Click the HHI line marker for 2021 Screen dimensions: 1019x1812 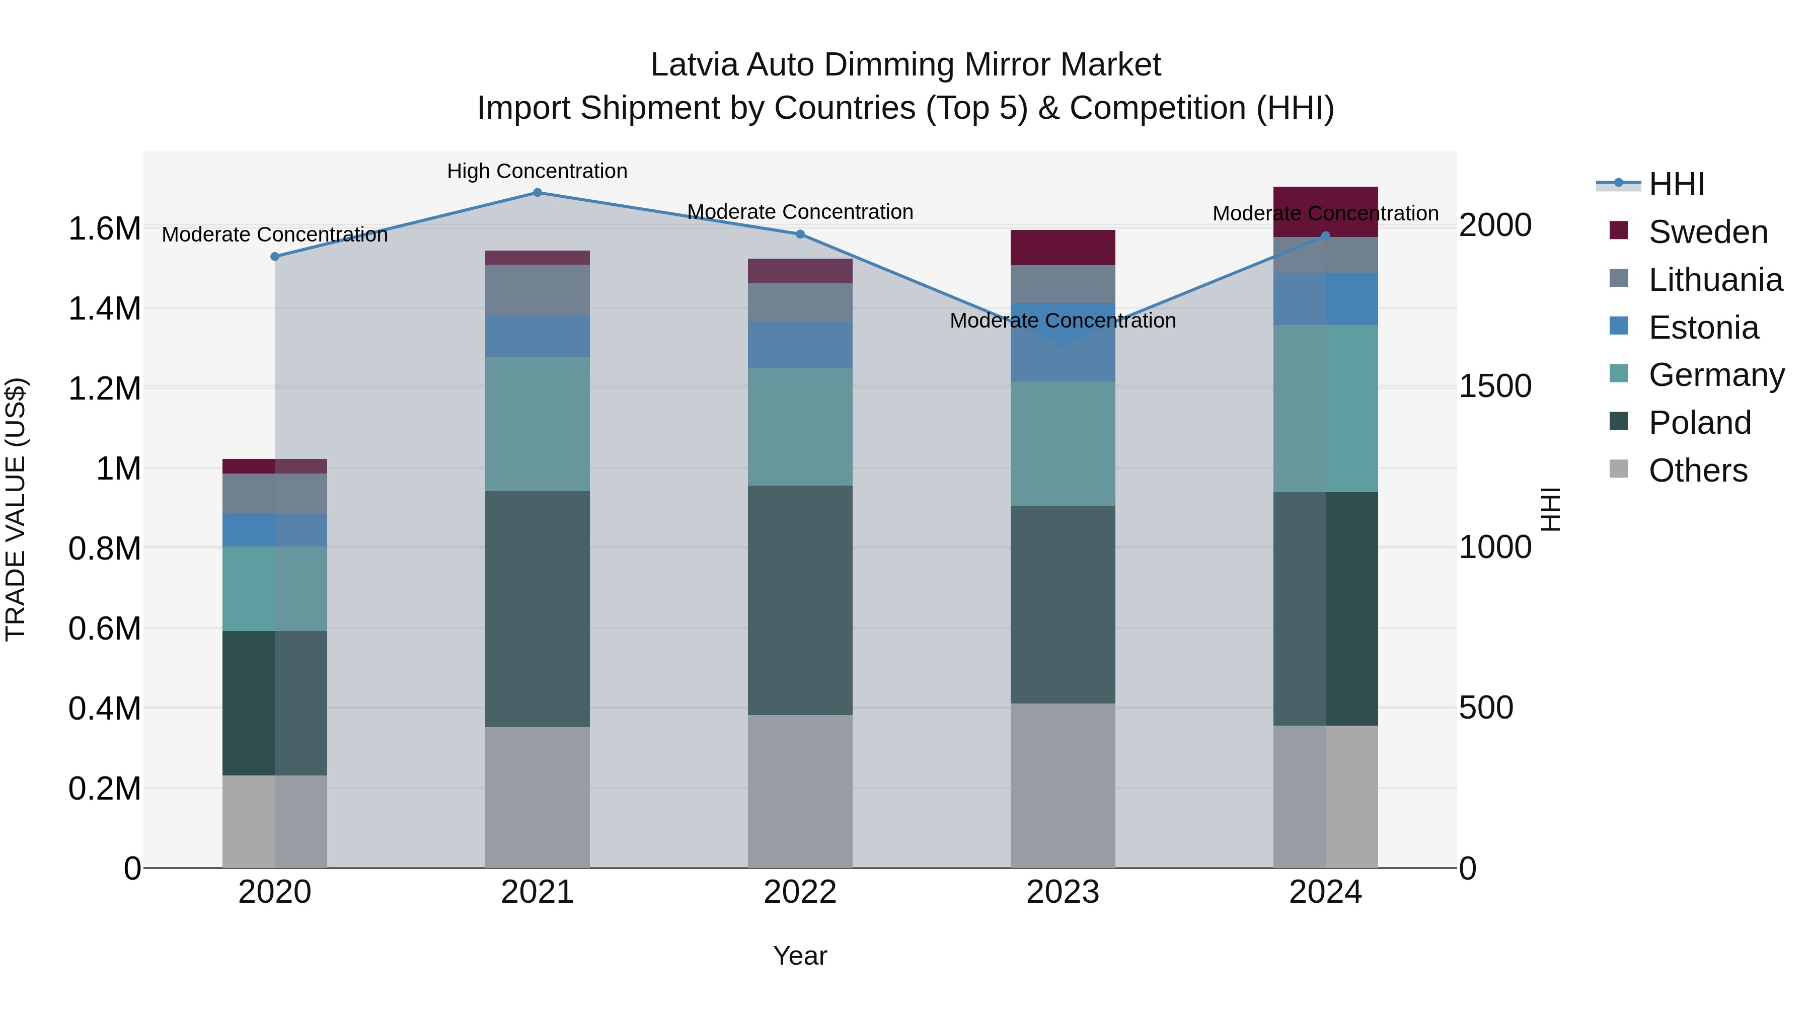(x=538, y=193)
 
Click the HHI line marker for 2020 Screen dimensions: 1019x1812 (x=275, y=257)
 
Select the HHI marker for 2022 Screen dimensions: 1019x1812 (x=800, y=234)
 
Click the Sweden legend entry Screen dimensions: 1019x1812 (x=1707, y=232)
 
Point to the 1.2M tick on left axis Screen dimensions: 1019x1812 (x=104, y=388)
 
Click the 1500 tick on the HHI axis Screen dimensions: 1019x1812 (x=1495, y=386)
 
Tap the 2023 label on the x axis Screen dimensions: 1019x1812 (x=1062, y=892)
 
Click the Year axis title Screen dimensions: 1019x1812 (x=800, y=956)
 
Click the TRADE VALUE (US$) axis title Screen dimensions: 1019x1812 (x=16, y=509)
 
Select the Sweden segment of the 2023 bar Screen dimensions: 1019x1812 (x=1062, y=248)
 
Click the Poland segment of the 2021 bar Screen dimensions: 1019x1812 (x=538, y=608)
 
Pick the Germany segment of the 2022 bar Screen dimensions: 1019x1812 (x=800, y=426)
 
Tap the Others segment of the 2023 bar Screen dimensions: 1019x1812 (x=1062, y=785)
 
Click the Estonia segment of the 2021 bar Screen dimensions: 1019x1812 (x=538, y=336)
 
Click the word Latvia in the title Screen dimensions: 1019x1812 (x=694, y=65)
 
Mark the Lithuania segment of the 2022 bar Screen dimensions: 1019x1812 (x=800, y=302)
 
